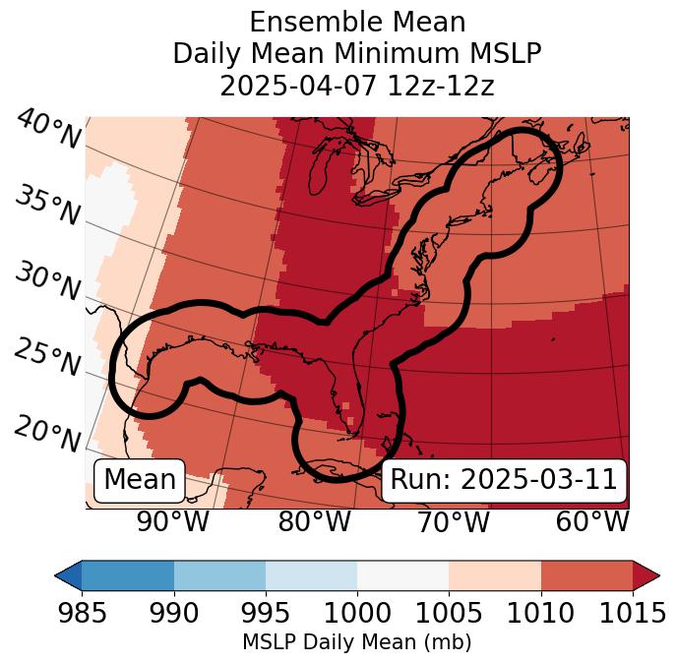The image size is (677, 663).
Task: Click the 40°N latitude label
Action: pyautogui.click(x=48, y=130)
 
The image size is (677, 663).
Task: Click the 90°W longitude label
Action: pyautogui.click(x=173, y=521)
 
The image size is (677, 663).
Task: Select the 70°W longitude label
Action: pyautogui.click(x=454, y=521)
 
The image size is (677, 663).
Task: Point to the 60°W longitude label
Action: pyautogui.click(x=592, y=521)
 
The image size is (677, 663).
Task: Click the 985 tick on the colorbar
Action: pyautogui.click(x=82, y=614)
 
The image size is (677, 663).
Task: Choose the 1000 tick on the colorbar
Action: pyautogui.click(x=357, y=614)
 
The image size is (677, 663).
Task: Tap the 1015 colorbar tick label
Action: pyautogui.click(x=633, y=614)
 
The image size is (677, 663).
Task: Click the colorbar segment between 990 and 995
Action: pyautogui.click(x=219, y=575)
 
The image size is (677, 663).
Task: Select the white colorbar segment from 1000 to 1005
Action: pyautogui.click(x=402, y=575)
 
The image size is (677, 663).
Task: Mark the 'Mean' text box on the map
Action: pyautogui.click(x=140, y=480)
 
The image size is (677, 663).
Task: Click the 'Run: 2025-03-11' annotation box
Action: pyautogui.click(x=504, y=480)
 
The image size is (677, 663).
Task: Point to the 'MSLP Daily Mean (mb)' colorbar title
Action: pyautogui.click(x=356, y=643)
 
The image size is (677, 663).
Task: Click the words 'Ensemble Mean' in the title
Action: pyautogui.click(x=357, y=22)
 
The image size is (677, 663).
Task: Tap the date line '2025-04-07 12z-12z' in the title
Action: pyautogui.click(x=357, y=86)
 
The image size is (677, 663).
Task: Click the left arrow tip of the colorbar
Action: pyautogui.click(x=61, y=575)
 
